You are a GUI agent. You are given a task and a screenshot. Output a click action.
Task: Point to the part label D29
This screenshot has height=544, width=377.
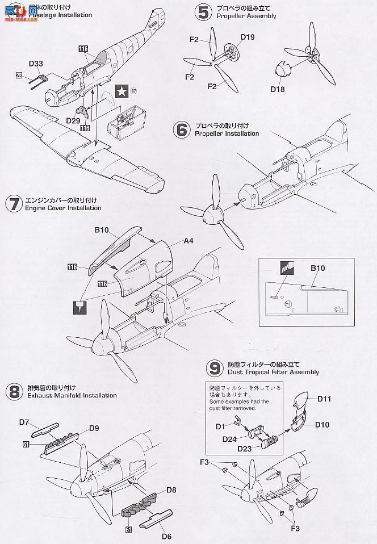coord(73,120)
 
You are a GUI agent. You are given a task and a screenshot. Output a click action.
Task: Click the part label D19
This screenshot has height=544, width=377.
coord(248,38)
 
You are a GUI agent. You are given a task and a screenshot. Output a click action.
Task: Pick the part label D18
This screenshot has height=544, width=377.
coord(278,89)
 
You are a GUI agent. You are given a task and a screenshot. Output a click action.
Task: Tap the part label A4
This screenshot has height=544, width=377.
coord(188,241)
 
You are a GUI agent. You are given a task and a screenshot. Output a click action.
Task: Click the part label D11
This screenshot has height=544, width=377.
coord(340,400)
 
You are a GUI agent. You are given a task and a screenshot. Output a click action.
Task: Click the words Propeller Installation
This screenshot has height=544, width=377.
coord(227,134)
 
